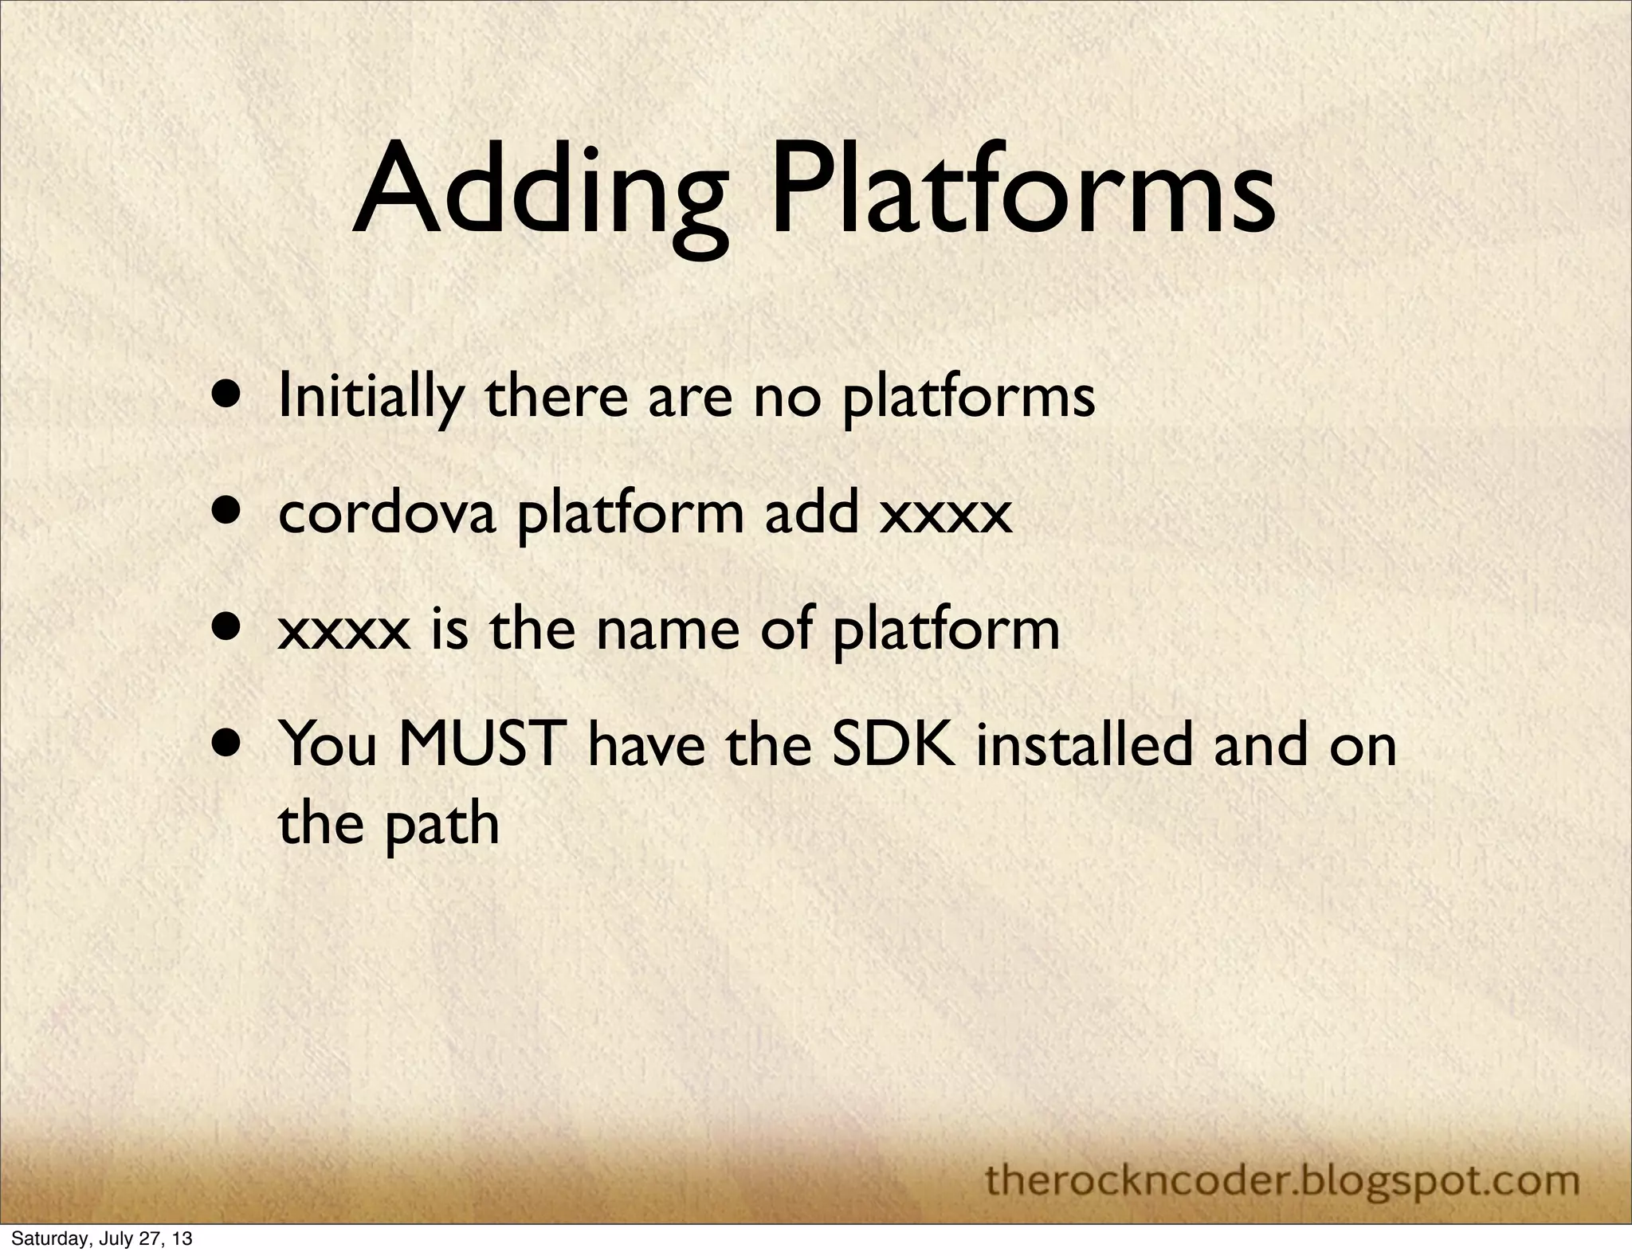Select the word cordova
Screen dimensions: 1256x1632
(x=387, y=514)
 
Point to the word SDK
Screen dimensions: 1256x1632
(x=892, y=745)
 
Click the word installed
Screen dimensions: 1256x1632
(x=1089, y=745)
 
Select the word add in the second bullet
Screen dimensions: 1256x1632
(x=812, y=514)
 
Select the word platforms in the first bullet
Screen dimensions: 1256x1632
(x=968, y=398)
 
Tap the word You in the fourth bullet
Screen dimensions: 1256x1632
(x=328, y=745)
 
